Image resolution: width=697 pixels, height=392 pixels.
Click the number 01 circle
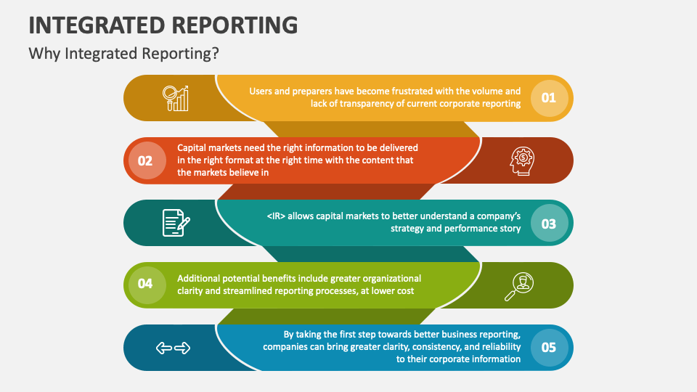(548, 97)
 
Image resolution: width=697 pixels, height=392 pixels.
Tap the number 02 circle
(145, 160)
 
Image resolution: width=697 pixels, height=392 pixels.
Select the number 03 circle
(548, 223)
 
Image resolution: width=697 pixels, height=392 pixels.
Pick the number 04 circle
(145, 285)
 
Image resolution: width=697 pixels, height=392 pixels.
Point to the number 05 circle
(548, 347)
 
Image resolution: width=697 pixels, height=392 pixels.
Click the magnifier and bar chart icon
(176, 98)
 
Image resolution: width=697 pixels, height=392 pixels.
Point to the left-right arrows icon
(173, 348)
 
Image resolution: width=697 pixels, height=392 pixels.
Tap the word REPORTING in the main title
(240, 25)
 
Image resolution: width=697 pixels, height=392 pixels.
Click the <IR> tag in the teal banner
(279, 216)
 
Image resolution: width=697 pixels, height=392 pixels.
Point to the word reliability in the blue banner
(496, 347)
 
